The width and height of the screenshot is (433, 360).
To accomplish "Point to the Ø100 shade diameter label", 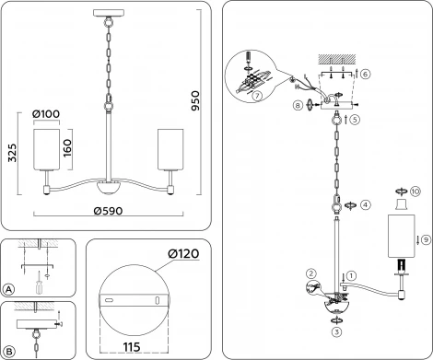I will pyautogui.click(x=45, y=114).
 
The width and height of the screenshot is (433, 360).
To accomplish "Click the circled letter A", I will pyautogui.click(x=9, y=289).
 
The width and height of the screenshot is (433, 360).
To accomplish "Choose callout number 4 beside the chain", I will pyautogui.click(x=366, y=203).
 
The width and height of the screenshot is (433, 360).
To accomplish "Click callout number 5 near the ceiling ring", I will pyautogui.click(x=355, y=120).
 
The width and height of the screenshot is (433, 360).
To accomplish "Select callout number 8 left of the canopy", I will pyautogui.click(x=298, y=106).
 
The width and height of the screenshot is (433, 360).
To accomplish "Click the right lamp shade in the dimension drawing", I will pyautogui.click(x=170, y=149).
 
